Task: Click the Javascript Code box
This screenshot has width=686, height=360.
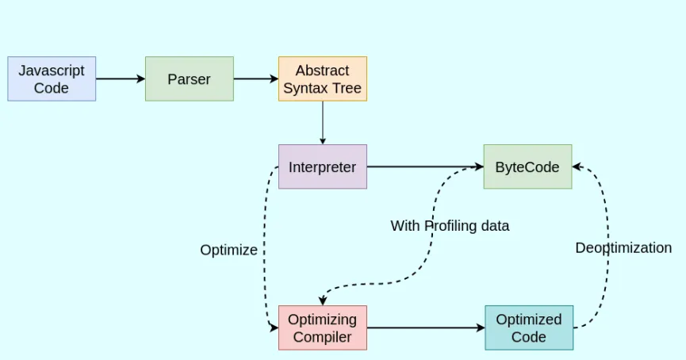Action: (x=52, y=79)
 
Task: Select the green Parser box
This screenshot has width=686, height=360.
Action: (x=190, y=79)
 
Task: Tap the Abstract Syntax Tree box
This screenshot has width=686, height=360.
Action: (x=323, y=79)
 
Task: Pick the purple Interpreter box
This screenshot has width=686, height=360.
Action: (x=323, y=167)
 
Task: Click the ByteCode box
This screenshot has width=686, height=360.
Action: (x=527, y=167)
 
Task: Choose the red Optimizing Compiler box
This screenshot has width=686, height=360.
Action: (x=323, y=327)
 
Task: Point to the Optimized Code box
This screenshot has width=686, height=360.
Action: (x=529, y=327)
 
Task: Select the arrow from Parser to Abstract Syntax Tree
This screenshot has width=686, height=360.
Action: (x=255, y=79)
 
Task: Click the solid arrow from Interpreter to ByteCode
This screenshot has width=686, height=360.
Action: (x=425, y=167)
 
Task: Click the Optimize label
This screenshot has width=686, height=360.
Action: (x=228, y=250)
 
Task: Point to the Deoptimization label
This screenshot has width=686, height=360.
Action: (x=623, y=247)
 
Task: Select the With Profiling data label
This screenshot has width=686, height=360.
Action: (x=450, y=226)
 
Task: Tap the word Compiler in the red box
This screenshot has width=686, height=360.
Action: (x=323, y=337)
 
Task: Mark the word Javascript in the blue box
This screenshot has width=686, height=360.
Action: (x=52, y=70)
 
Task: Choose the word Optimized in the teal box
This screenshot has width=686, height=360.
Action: (x=529, y=319)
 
